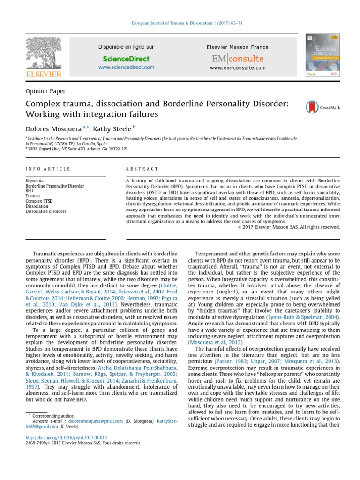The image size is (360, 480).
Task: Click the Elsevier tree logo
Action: point(43,56)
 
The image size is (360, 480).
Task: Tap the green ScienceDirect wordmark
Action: point(126,59)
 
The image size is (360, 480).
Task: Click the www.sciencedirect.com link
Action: point(126,68)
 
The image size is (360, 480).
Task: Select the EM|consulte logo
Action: point(238,59)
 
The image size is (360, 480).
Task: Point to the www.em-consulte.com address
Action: point(238,68)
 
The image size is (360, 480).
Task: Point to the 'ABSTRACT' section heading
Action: point(142,169)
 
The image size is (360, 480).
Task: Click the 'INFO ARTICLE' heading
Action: point(48,169)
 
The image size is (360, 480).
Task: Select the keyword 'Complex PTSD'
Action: point(39,201)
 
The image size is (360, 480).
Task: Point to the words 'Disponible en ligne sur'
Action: point(126,47)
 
